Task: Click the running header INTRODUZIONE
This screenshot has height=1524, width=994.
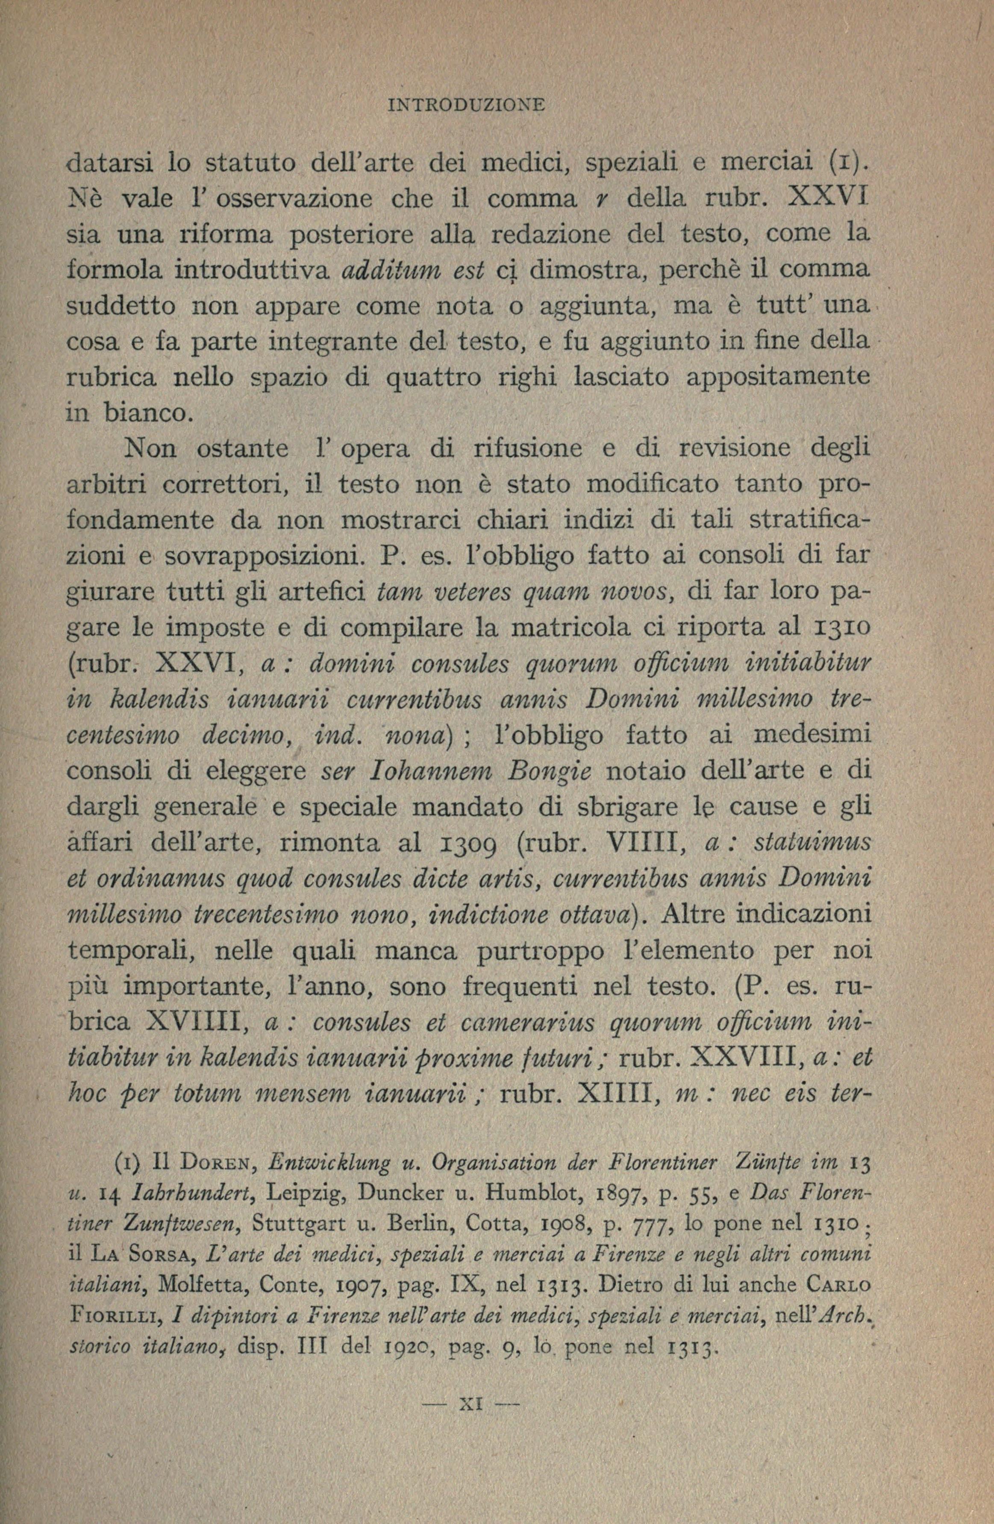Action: click(466, 104)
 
